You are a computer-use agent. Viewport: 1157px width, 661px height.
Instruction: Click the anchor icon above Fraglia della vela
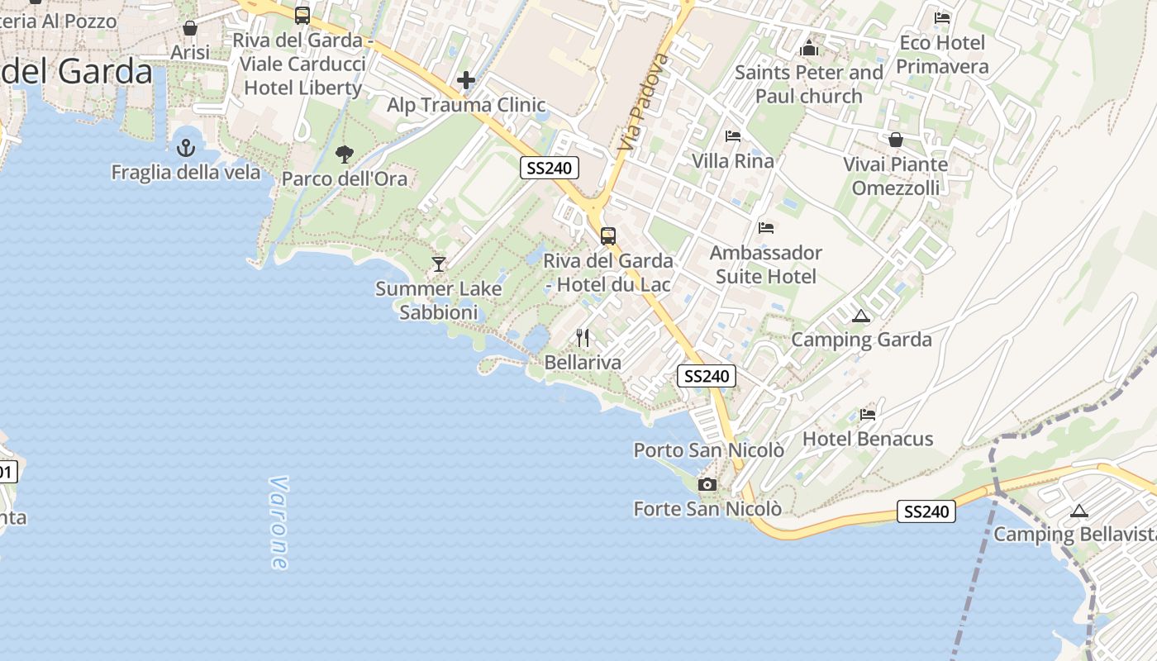(186, 149)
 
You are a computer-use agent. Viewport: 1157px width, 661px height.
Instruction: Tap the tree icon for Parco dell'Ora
(344, 154)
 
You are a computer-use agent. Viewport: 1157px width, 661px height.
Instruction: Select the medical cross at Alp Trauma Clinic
(466, 80)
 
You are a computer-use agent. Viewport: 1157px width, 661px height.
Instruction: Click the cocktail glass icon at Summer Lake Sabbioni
(439, 264)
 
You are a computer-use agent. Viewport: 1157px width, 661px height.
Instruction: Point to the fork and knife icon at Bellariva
(583, 338)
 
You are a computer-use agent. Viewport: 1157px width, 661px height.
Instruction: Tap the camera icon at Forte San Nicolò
(707, 484)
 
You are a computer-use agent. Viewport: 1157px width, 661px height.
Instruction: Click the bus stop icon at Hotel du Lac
(608, 236)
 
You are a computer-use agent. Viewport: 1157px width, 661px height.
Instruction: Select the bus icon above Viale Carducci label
(302, 15)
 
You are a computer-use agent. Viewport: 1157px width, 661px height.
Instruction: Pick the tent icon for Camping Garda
(861, 316)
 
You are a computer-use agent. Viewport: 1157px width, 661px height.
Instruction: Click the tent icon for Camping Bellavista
(1078, 511)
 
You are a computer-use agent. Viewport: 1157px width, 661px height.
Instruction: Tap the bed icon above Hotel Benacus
(868, 414)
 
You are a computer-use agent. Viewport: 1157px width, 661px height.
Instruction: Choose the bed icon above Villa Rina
(733, 136)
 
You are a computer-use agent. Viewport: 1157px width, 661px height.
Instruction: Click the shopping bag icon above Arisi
(190, 28)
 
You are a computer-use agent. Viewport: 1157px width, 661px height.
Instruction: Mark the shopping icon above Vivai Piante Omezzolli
(895, 140)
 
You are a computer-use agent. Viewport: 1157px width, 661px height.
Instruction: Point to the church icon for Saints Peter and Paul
(809, 49)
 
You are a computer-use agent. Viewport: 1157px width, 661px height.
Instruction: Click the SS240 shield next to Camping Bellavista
(926, 511)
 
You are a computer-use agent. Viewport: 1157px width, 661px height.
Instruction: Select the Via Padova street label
(640, 102)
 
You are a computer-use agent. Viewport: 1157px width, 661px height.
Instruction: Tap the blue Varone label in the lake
(279, 522)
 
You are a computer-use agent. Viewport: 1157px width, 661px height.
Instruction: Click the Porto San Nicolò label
(708, 450)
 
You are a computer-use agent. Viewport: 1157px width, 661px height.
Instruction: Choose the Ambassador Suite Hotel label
(766, 264)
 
